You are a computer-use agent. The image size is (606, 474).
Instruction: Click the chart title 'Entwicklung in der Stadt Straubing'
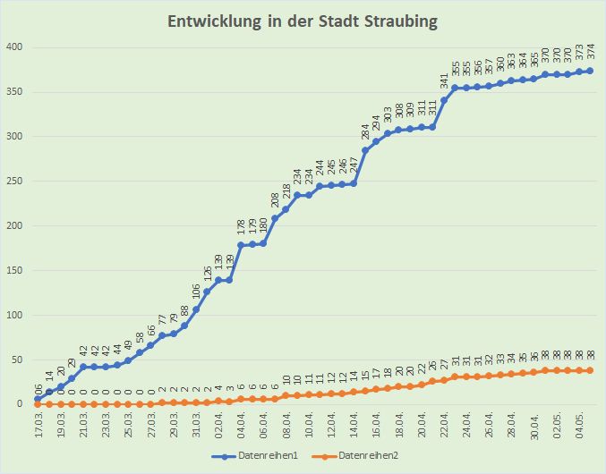tap(303, 21)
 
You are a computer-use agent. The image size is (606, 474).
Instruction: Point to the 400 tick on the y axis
tap(13, 47)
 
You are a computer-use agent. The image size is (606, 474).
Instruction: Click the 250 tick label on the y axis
tap(13, 181)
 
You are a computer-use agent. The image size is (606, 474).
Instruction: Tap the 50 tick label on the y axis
tap(16, 360)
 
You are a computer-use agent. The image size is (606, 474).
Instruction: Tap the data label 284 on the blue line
tap(365, 132)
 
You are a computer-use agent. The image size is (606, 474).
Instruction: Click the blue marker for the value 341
tap(444, 100)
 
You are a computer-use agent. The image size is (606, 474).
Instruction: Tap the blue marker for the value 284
tap(365, 150)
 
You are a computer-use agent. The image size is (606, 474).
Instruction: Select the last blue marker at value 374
tap(590, 71)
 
